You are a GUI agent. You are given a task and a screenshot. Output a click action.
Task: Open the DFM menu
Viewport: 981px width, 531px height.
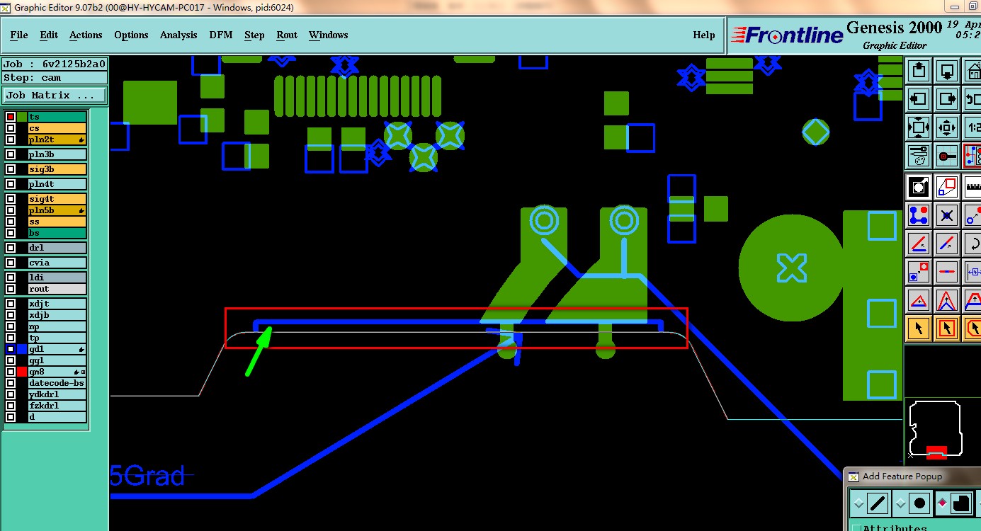pyautogui.click(x=220, y=35)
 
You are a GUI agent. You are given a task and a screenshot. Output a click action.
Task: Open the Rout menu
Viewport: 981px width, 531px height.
pyautogui.click(x=287, y=35)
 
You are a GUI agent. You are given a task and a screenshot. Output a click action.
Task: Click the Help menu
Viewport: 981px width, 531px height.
pyautogui.click(x=703, y=35)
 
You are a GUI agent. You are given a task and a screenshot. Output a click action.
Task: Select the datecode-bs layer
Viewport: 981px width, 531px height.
pyautogui.click(x=56, y=383)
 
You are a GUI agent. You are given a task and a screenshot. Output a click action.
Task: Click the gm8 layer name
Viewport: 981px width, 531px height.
pyautogui.click(x=37, y=372)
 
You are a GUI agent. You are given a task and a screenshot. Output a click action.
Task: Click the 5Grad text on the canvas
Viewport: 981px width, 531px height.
pyautogui.click(x=147, y=476)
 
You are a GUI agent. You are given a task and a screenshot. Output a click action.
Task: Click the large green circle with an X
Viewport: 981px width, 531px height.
pyautogui.click(x=791, y=268)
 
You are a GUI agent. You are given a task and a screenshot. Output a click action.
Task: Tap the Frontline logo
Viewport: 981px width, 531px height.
pyautogui.click(x=786, y=35)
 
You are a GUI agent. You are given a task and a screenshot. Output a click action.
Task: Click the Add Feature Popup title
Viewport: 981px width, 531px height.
pyautogui.click(x=902, y=476)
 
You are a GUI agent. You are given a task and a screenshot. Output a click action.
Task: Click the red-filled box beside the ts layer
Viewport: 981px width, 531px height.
pyautogui.click(x=11, y=117)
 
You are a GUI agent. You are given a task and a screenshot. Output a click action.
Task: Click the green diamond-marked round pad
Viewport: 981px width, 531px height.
pyautogui.click(x=816, y=132)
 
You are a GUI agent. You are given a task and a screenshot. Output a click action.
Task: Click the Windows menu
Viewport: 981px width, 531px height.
pyautogui.click(x=328, y=35)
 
